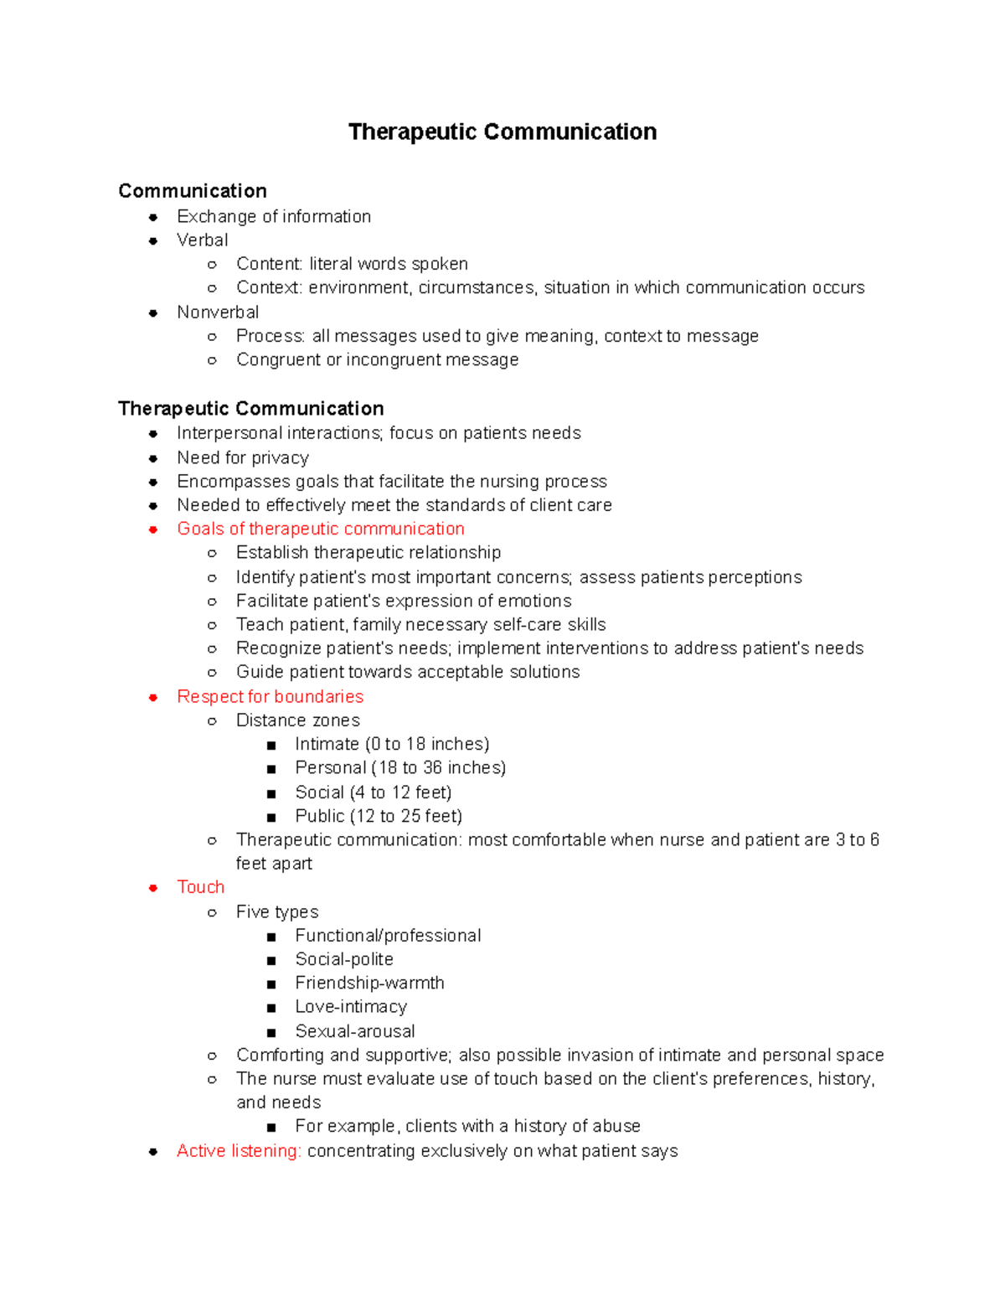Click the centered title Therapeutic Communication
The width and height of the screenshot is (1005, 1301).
pos(502,132)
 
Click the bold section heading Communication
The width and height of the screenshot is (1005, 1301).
pos(193,191)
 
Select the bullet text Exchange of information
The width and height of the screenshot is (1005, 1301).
pos(274,217)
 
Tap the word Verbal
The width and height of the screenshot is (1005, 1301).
pos(203,240)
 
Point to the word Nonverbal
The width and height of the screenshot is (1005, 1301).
pos(218,312)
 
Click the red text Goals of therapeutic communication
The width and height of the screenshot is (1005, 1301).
pos(321,529)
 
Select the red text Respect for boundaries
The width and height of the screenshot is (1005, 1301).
pos(270,697)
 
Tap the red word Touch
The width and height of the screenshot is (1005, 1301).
pos(201,887)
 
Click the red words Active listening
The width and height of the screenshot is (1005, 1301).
pos(239,1151)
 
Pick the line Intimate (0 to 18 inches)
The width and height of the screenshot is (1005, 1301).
pos(392,744)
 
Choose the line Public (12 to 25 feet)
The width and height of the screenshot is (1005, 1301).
pos(379,816)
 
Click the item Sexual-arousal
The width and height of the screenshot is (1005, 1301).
pos(355,1031)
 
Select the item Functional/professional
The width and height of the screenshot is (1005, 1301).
pos(388,936)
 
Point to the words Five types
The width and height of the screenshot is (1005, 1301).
pos(277,911)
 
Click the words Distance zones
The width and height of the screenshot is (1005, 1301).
pos(298,720)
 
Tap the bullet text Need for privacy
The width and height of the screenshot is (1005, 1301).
pos(243,458)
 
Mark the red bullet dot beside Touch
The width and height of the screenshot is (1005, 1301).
pos(153,888)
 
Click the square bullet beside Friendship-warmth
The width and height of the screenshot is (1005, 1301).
pos(271,984)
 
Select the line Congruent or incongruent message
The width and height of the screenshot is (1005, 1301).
pos(377,360)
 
